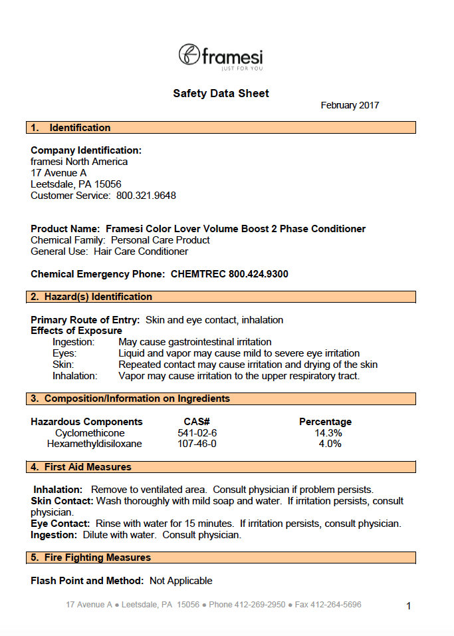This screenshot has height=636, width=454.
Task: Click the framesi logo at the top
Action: coord(221,56)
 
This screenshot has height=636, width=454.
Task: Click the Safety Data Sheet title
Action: coord(221,94)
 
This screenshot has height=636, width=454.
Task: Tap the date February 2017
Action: coord(350,106)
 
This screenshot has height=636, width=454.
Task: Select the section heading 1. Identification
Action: coord(71,128)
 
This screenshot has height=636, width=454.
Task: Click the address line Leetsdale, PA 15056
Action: coord(76,184)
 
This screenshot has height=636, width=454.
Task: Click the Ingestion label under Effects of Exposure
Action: coord(74,342)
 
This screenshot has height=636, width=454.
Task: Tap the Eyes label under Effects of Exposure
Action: coord(64,353)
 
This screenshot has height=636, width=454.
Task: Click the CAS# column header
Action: coord(197,422)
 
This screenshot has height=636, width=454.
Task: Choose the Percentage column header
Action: coord(325,422)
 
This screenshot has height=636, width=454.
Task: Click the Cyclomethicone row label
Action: coord(90,433)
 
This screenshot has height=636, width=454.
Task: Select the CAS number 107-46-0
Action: coord(197,444)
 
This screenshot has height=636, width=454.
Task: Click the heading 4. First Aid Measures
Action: coord(82,467)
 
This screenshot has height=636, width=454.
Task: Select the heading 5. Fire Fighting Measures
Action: coord(91,557)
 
